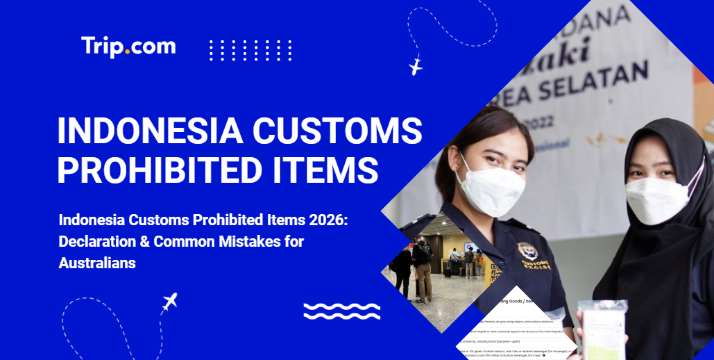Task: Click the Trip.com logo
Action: (x=128, y=46)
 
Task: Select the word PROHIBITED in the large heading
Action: (x=169, y=169)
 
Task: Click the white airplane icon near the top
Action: (x=416, y=67)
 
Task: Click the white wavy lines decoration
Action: (x=341, y=310)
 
